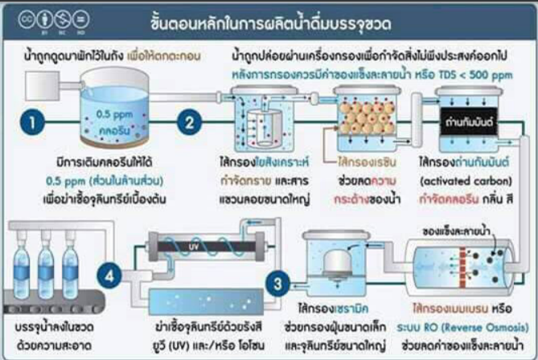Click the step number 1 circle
(33, 124)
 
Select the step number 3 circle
(277, 283)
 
